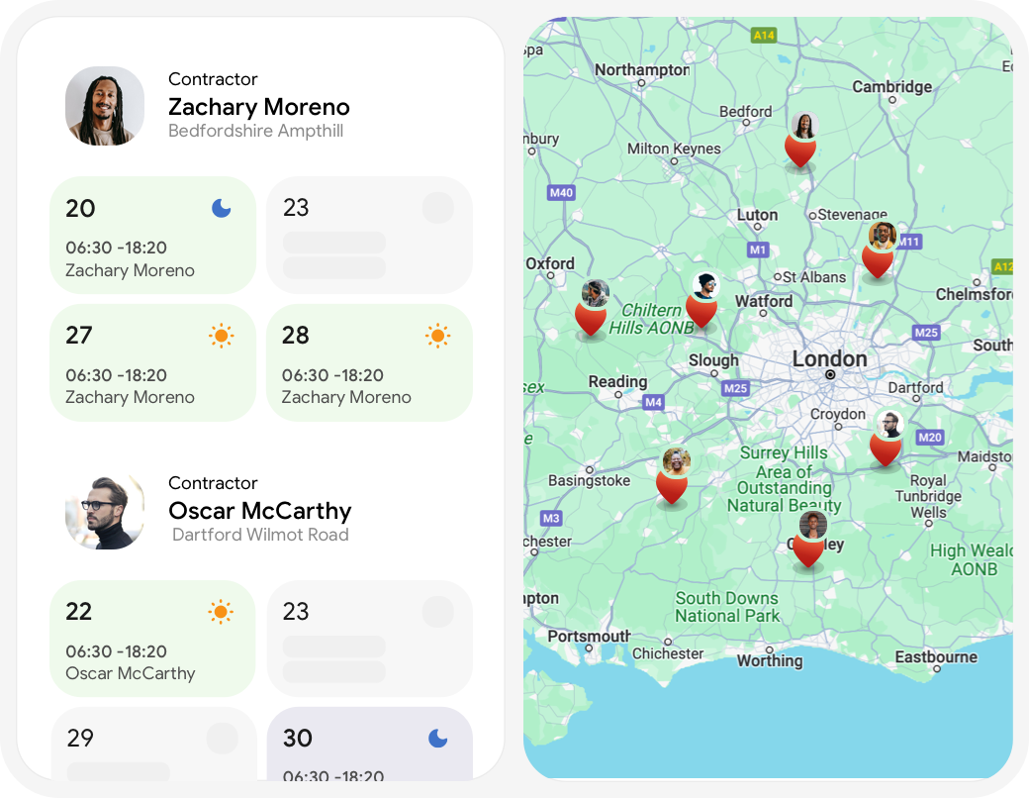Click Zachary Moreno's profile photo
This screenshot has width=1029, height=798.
click(105, 106)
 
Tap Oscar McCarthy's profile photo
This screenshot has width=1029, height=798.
click(105, 510)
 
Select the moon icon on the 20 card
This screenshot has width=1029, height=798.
click(221, 208)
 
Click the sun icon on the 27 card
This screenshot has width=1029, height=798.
click(221, 336)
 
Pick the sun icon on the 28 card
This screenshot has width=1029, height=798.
click(437, 336)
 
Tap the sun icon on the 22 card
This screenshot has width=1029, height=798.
click(221, 612)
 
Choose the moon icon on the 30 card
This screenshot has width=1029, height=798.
click(437, 738)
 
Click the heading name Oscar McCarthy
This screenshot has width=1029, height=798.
click(259, 511)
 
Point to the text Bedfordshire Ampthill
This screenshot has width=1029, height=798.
click(255, 131)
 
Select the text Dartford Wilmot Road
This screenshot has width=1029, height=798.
click(260, 535)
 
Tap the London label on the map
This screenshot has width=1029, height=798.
click(829, 359)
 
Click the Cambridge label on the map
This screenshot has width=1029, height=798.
click(891, 87)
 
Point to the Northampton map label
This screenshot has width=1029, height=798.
click(641, 70)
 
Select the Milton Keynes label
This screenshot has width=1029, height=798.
click(674, 149)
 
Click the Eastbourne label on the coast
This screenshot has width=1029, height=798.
click(935, 657)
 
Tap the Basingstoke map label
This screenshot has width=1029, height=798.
click(589, 481)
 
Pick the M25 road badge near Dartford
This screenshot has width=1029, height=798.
click(926, 333)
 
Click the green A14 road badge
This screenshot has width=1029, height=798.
click(764, 36)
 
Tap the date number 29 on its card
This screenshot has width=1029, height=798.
click(80, 738)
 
